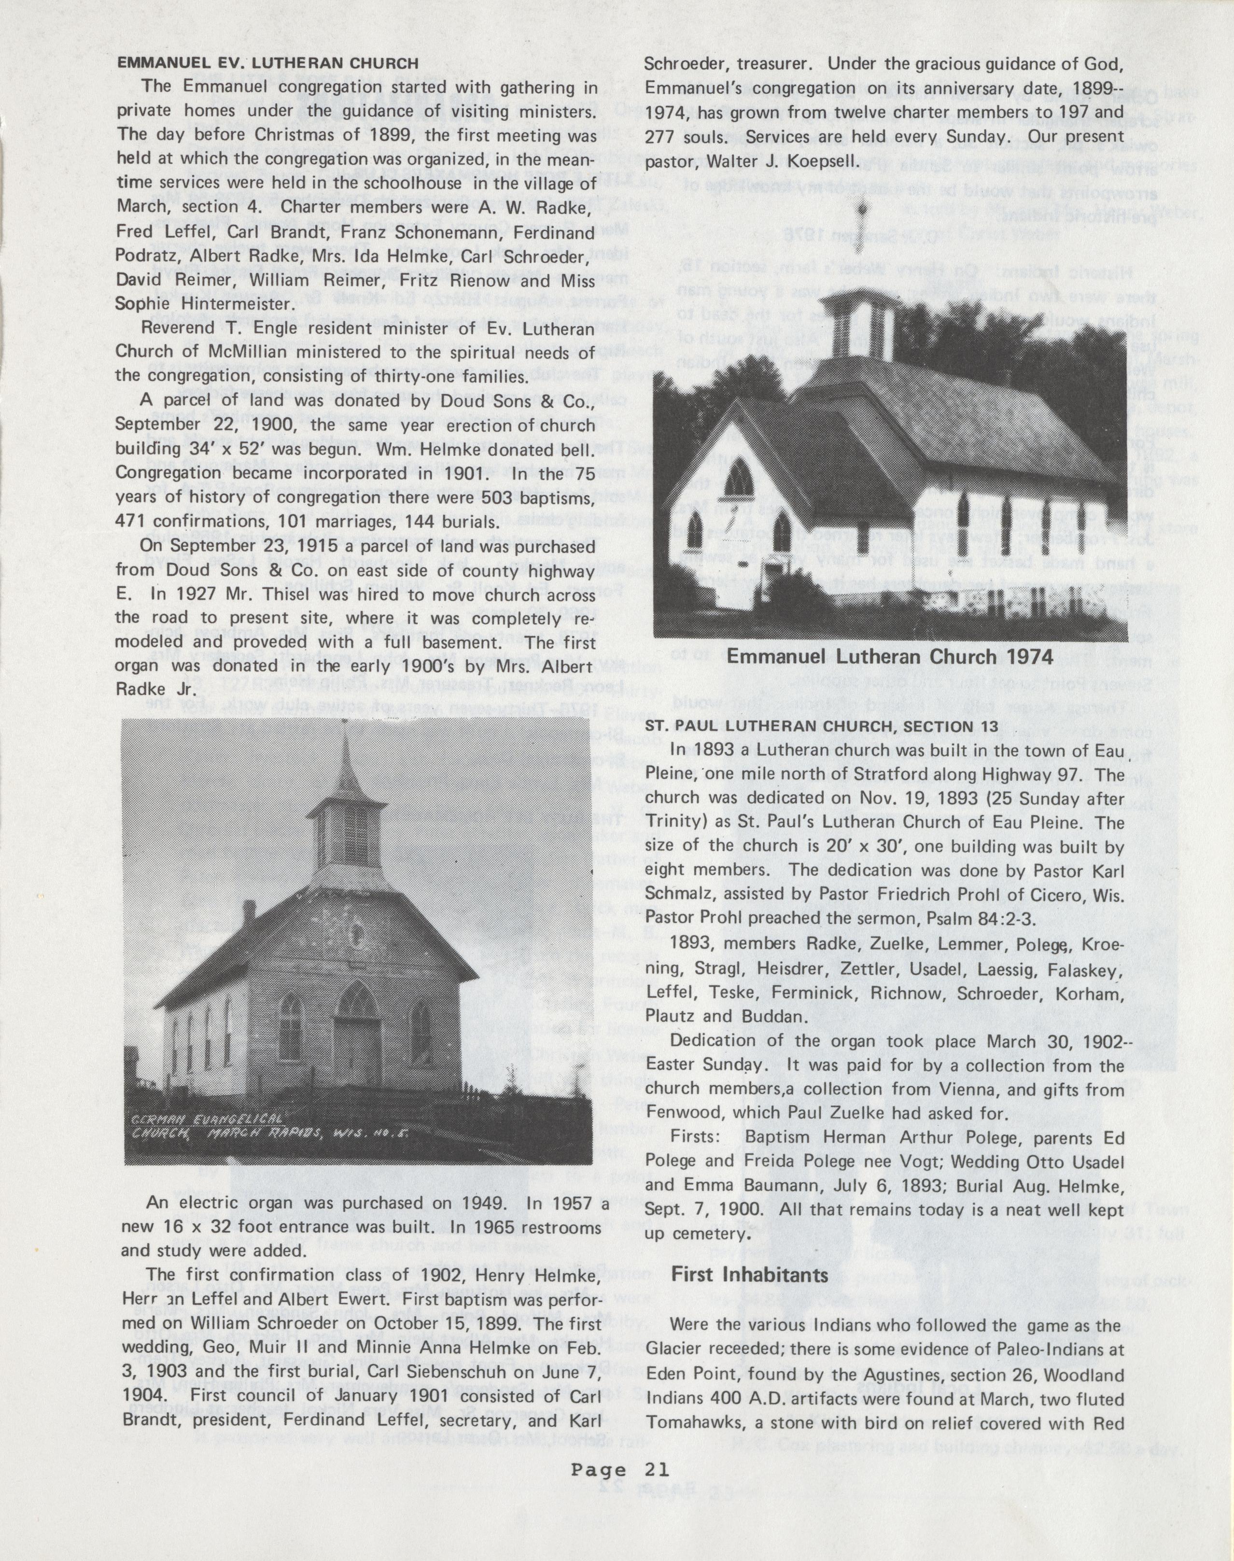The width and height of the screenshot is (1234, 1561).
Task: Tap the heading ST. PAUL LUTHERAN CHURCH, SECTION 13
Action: [x=822, y=725]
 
